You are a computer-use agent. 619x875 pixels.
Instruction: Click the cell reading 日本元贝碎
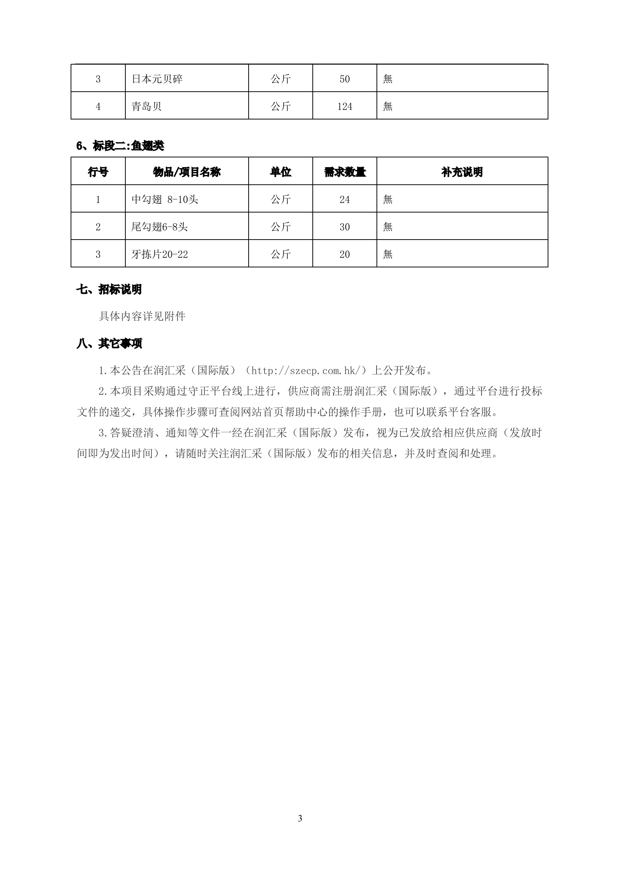tap(157, 79)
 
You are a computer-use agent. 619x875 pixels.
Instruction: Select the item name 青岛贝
tap(146, 106)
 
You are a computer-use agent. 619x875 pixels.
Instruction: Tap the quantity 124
tap(345, 106)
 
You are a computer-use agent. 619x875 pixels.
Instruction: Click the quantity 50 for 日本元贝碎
tap(345, 79)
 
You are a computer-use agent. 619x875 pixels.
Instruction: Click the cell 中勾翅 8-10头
tap(165, 199)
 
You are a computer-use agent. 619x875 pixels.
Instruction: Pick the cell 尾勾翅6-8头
tap(159, 227)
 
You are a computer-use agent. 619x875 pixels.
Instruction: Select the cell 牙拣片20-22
tap(159, 254)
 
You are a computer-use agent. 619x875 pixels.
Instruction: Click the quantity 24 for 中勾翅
tap(345, 199)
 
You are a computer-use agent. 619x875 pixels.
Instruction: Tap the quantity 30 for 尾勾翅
tap(345, 227)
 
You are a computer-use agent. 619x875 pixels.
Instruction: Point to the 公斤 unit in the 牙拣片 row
tap(280, 254)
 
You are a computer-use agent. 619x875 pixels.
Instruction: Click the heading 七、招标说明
tap(109, 290)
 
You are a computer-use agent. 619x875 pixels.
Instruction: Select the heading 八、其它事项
tap(109, 344)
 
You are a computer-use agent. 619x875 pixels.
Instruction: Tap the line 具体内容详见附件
tap(142, 316)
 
